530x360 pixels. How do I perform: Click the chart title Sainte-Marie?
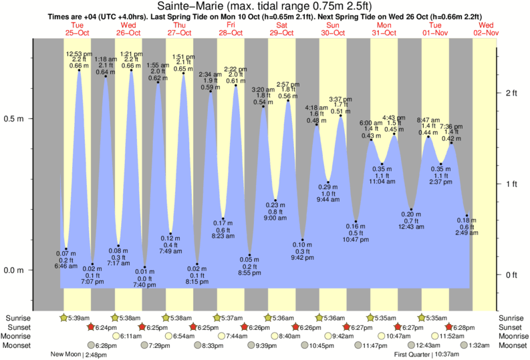[x=265, y=6]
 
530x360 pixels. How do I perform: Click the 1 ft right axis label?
[x=512, y=184]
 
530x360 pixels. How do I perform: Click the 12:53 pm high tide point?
[x=80, y=70]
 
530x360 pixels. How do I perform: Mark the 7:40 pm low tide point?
[x=144, y=268]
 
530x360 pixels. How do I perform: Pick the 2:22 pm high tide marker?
[x=235, y=85]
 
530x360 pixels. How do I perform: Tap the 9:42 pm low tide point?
[x=303, y=240]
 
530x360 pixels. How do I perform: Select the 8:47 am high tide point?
[x=428, y=137]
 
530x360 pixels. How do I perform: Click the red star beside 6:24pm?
[x=91, y=327]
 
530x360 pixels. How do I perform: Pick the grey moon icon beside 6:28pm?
[x=91, y=345]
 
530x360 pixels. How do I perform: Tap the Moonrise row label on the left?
[x=19, y=336]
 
